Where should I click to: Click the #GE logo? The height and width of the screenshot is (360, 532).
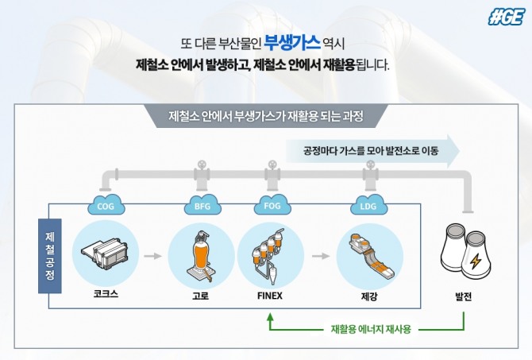pyautogui.click(x=507, y=17)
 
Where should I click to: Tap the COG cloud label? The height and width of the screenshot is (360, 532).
pyautogui.click(x=106, y=205)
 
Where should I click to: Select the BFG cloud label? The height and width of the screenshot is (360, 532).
pyautogui.click(x=202, y=205)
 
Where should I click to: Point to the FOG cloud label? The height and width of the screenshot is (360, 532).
pyautogui.click(x=272, y=204)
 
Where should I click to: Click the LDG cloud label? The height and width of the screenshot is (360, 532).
pyautogui.click(x=368, y=205)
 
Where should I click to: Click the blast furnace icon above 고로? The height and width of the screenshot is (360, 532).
pyautogui.click(x=201, y=256)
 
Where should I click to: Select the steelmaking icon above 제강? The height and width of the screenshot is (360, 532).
pyautogui.click(x=370, y=256)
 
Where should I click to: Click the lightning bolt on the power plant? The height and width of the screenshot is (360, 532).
pyautogui.click(x=476, y=261)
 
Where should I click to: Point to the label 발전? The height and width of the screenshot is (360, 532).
pyautogui.click(x=463, y=296)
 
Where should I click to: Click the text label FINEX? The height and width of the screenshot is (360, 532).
pyautogui.click(x=270, y=296)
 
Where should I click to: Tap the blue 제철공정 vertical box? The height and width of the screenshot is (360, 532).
pyautogui.click(x=50, y=256)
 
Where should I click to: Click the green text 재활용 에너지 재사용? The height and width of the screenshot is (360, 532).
pyautogui.click(x=371, y=329)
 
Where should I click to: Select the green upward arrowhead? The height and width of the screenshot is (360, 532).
pyautogui.click(x=270, y=317)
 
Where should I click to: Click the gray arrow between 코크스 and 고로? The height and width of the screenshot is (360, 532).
pyautogui.click(x=152, y=256)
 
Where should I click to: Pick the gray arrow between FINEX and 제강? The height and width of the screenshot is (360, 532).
pyautogui.click(x=321, y=256)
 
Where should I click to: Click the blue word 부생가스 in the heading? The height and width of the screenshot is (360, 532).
pyautogui.click(x=292, y=42)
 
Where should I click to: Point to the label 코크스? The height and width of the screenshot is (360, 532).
pyautogui.click(x=106, y=294)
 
